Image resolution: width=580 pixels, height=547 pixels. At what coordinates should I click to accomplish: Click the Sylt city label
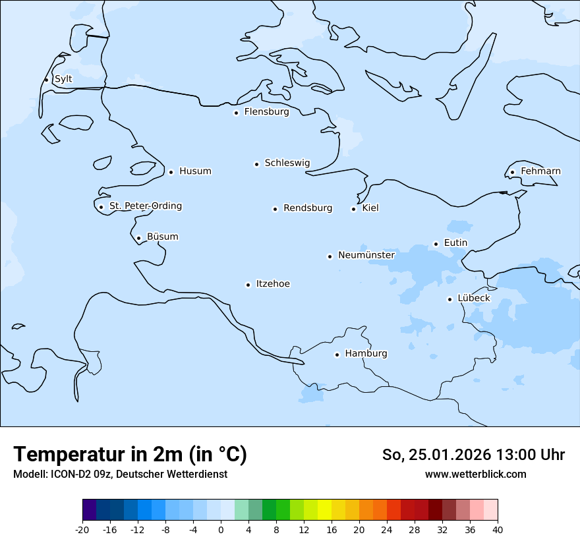click(x=63, y=79)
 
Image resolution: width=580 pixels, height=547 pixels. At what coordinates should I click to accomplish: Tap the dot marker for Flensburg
click(x=236, y=113)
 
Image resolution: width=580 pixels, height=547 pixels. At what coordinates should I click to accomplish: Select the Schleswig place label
click(x=287, y=163)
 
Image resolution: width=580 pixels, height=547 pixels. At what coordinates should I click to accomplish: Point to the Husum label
click(x=195, y=171)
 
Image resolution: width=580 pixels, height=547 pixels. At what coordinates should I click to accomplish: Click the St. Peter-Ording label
click(x=145, y=206)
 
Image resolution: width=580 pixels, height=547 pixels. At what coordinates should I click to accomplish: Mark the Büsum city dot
click(x=138, y=238)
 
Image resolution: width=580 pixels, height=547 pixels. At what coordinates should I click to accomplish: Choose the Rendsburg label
click(x=308, y=208)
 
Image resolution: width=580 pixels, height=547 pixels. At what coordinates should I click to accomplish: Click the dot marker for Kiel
click(x=353, y=209)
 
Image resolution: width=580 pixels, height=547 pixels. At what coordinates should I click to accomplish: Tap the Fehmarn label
click(x=540, y=171)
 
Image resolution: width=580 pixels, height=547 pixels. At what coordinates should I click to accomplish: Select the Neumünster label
click(x=366, y=255)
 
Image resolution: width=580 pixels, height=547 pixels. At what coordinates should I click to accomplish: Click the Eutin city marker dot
click(x=436, y=244)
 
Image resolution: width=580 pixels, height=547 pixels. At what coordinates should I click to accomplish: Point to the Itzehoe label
click(x=273, y=284)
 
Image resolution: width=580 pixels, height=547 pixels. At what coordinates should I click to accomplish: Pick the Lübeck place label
click(x=474, y=298)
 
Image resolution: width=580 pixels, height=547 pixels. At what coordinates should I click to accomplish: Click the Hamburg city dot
click(x=337, y=355)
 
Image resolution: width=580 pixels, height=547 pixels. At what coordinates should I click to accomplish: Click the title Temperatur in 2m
click(x=130, y=455)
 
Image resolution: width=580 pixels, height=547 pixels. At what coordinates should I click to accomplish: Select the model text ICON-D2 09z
click(x=120, y=475)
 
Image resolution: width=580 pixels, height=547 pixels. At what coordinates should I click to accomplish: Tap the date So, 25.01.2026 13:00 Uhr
click(x=473, y=455)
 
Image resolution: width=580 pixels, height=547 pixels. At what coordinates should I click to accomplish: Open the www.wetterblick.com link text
click(x=475, y=475)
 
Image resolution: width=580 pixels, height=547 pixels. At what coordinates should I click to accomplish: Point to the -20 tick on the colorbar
click(x=82, y=530)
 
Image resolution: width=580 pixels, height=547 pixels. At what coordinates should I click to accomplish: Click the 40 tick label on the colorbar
click(x=498, y=530)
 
